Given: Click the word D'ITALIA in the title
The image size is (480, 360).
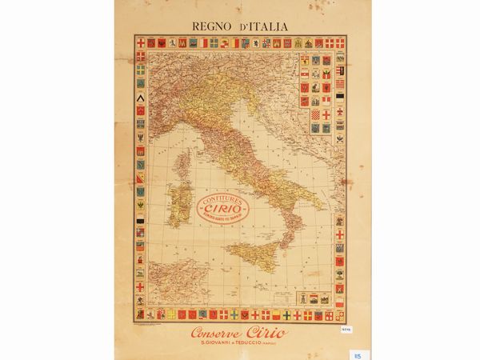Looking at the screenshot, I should pos(263,26).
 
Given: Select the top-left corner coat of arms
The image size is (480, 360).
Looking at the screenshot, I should pos(140,42).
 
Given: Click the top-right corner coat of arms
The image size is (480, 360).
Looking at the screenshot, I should pos(340,42).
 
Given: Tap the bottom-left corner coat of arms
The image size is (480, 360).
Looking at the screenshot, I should pos(140,314).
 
